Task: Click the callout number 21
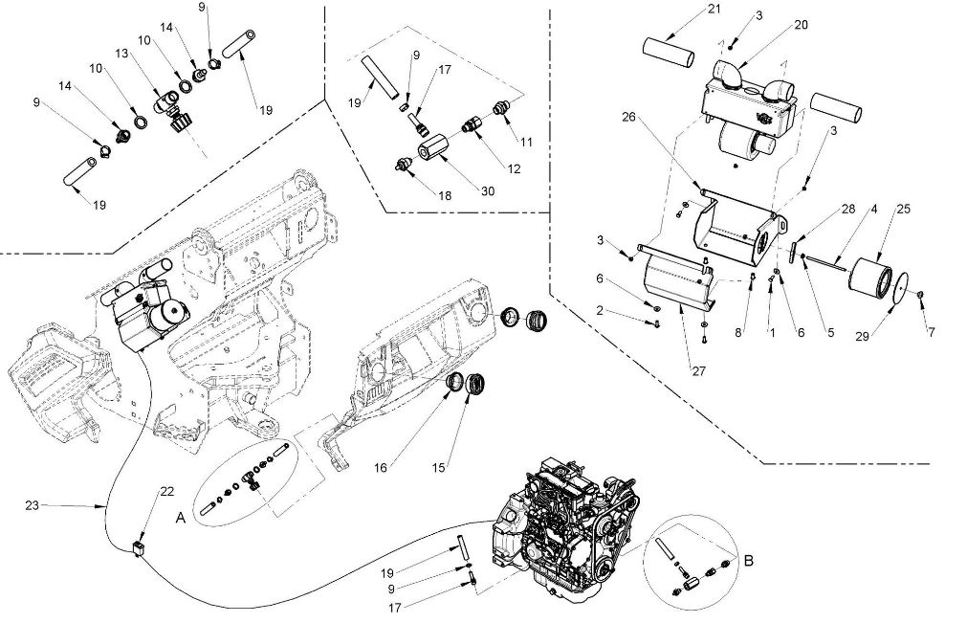(x=714, y=10)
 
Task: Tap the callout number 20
(x=801, y=25)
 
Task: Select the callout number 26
(x=628, y=117)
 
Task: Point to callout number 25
(x=904, y=210)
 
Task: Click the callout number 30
(x=487, y=191)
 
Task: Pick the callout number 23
(x=33, y=505)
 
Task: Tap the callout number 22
(x=167, y=492)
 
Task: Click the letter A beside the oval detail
(x=181, y=518)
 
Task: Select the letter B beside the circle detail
(x=749, y=561)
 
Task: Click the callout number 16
(x=381, y=468)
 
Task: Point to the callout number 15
(x=438, y=468)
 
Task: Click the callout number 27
(x=698, y=371)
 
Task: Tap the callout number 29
(x=863, y=336)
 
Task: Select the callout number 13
(x=121, y=53)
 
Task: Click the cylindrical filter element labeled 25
(x=869, y=278)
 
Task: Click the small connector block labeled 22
(x=140, y=547)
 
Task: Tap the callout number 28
(x=848, y=210)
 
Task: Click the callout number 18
(x=444, y=195)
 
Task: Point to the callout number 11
(x=525, y=142)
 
